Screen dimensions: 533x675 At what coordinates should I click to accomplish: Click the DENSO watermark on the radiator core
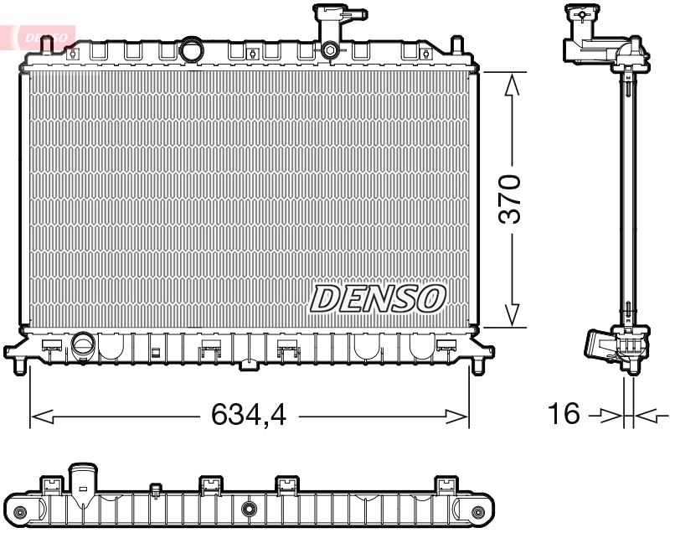[378, 298]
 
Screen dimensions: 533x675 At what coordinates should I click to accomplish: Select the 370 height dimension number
[510, 199]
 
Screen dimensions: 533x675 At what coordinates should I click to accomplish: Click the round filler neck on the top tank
[193, 50]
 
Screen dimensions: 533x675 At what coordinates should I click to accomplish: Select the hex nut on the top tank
[330, 51]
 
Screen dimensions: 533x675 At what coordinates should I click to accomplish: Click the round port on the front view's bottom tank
[83, 344]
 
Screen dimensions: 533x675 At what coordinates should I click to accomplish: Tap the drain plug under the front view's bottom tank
[249, 365]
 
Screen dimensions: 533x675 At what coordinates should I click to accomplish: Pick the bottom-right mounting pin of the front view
[479, 366]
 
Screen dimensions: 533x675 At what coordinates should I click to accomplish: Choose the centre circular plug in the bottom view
[249, 509]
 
